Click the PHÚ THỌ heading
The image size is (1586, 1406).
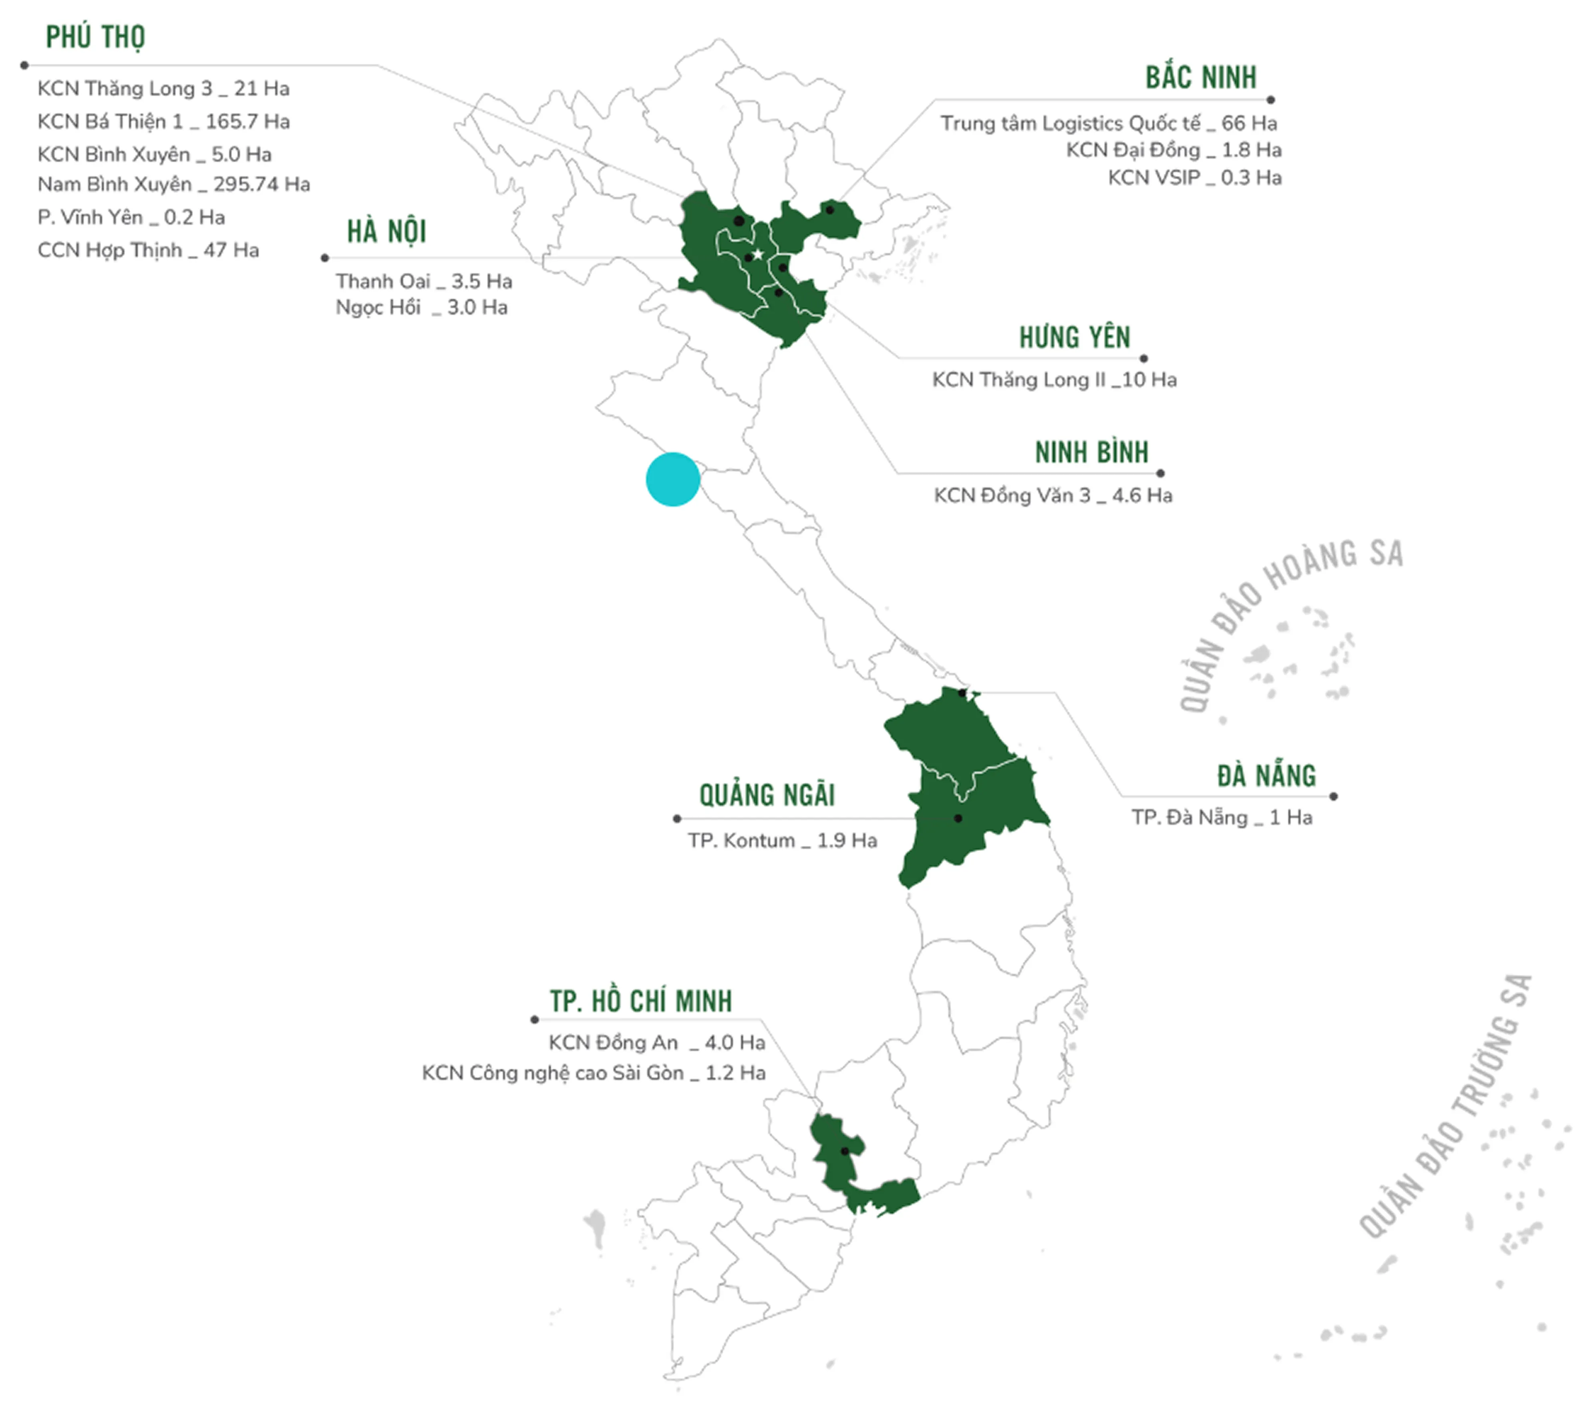click(95, 36)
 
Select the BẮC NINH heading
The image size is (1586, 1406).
click(1200, 78)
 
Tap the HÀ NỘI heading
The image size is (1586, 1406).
click(386, 231)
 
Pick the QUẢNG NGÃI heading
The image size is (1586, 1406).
click(767, 796)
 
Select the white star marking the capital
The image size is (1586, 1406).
click(757, 254)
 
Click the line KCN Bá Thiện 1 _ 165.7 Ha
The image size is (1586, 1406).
click(164, 122)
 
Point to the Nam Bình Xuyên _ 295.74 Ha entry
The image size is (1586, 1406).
click(174, 185)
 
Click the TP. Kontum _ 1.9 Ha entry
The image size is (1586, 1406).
click(782, 840)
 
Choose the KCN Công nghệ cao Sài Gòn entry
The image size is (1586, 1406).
click(594, 1073)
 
